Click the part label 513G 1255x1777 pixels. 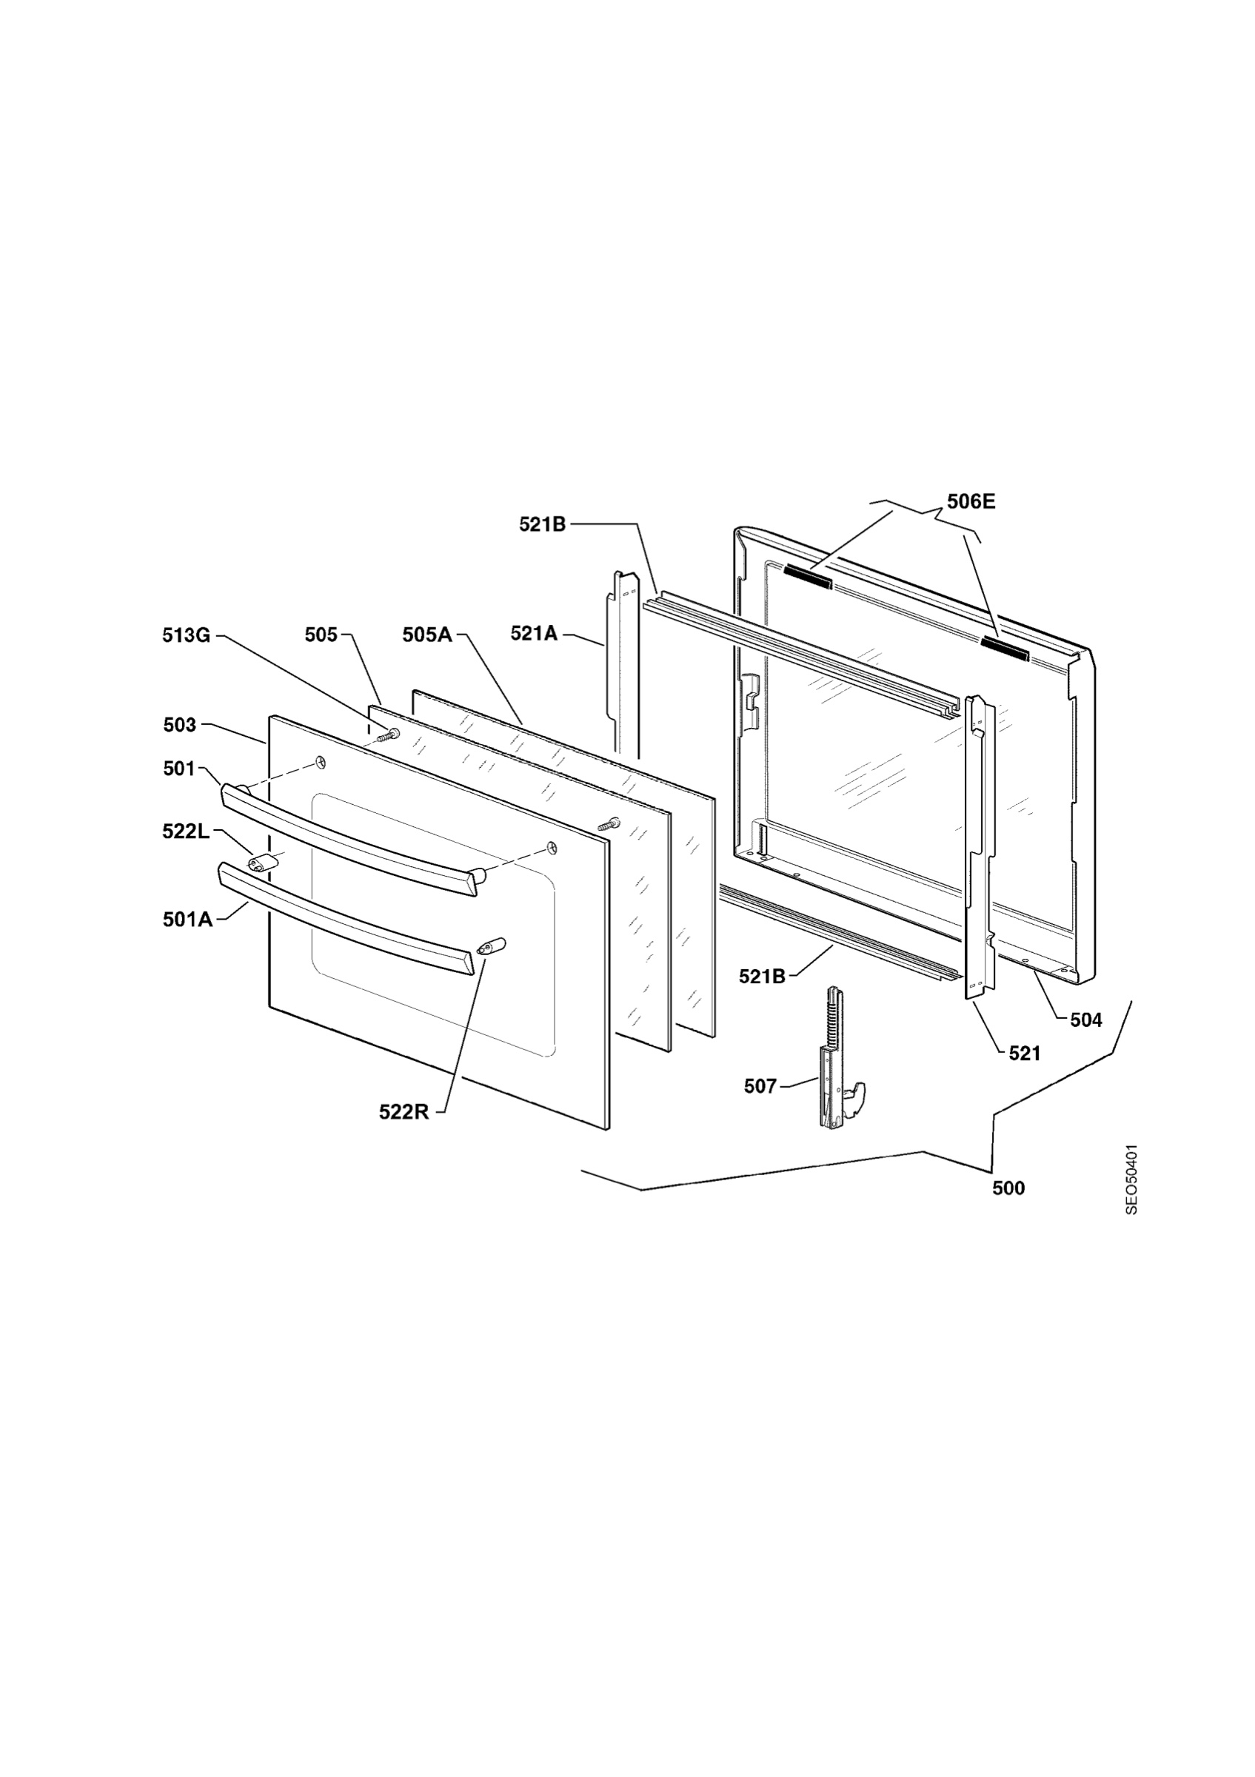(x=187, y=635)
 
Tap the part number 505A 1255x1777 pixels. (x=426, y=635)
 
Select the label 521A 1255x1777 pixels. (x=534, y=633)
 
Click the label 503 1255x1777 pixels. (x=179, y=725)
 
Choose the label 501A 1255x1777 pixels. (x=187, y=920)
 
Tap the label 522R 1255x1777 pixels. (x=404, y=1112)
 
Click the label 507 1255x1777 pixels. (x=760, y=1087)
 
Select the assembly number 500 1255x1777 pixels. (x=1008, y=1188)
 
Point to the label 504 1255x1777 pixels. (x=1085, y=1020)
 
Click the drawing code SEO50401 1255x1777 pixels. (x=1131, y=1179)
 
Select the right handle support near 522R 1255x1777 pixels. (x=492, y=946)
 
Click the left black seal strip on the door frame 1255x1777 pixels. (x=808, y=578)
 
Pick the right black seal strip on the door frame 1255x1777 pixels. (x=1004, y=649)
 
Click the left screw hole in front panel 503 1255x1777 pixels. (x=320, y=764)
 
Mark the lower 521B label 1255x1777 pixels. (x=762, y=977)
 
